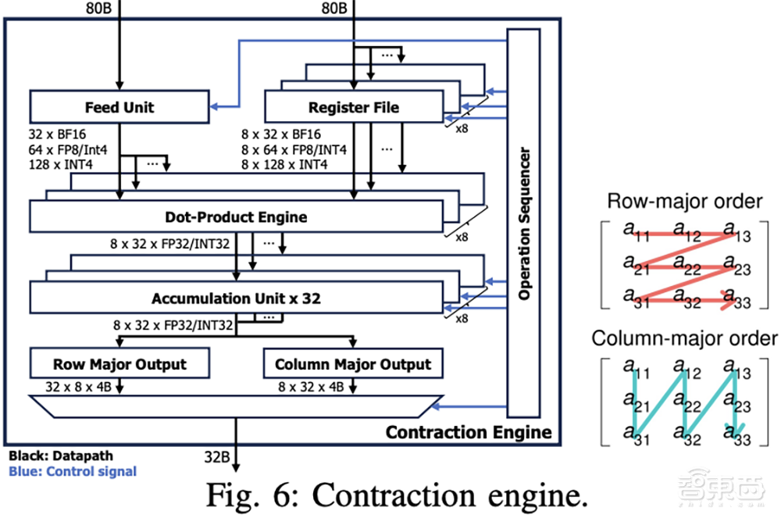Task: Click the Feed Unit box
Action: point(119,106)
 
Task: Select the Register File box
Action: point(353,107)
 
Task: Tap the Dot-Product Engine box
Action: point(235,216)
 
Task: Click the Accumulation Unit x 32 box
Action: point(235,298)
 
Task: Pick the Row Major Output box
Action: point(119,364)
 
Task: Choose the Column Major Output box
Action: point(353,364)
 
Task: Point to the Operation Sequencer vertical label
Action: point(524,223)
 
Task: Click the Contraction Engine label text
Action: point(469,432)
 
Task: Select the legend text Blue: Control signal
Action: point(72,470)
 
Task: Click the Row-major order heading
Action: point(684,202)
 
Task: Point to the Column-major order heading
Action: point(684,338)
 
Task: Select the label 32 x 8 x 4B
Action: point(74,386)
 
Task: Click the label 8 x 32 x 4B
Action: point(311,386)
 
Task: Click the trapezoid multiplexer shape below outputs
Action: point(235,406)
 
